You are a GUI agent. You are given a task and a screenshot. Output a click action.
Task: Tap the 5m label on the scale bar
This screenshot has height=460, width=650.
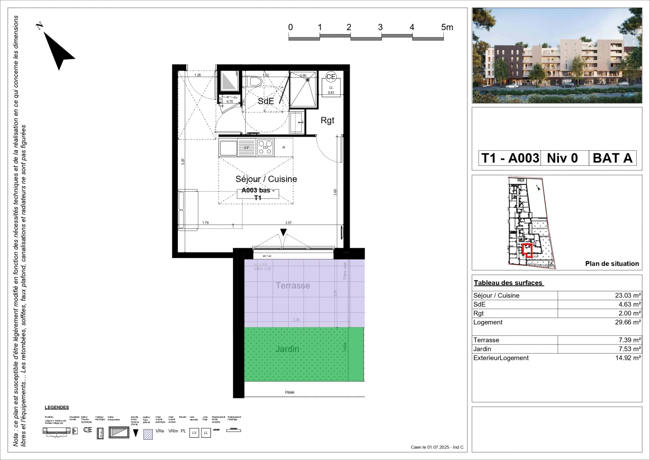coord(447,27)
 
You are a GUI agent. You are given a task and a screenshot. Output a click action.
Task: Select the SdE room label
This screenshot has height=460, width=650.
coord(266,101)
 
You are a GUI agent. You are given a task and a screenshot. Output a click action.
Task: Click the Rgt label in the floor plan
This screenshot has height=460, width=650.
coord(327,121)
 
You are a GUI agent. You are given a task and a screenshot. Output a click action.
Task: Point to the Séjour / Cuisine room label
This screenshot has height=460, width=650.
coord(266,179)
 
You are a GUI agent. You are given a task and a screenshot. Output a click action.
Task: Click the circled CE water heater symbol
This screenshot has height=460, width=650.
coord(331,77)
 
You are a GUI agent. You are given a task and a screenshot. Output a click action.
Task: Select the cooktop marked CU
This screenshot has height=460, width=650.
coord(265,147)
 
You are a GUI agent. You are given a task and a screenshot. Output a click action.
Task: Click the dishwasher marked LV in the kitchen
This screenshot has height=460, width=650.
coord(246,147)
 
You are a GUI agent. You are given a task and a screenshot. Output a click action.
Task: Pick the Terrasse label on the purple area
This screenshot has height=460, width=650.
coord(292,286)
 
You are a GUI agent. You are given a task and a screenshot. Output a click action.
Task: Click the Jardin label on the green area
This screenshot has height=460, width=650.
coord(287,349)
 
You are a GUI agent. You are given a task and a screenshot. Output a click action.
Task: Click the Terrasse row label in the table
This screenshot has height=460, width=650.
coord(486,340)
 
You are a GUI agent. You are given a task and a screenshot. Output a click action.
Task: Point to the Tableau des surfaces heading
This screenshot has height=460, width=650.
coord(508,283)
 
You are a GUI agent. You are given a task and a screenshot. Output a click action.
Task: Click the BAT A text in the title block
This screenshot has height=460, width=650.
coord(613,158)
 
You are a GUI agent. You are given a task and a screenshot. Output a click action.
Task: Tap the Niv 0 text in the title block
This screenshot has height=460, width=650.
coord(562,158)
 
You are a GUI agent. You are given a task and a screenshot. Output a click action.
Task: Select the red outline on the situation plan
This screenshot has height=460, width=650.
coord(527,250)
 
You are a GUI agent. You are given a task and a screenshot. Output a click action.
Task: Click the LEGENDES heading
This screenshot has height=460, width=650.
coord(57,408)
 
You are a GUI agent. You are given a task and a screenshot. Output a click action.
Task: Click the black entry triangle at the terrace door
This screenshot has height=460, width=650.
coord(283,233)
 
